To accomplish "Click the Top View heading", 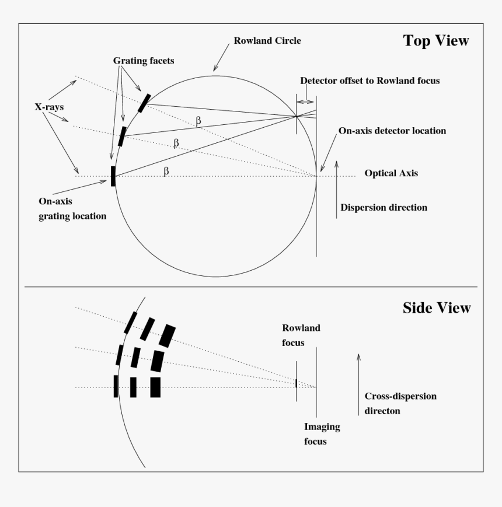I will [x=435, y=41].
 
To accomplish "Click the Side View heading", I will [x=436, y=308].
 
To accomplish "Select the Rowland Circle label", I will [x=267, y=41].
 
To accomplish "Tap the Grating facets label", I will [x=144, y=61].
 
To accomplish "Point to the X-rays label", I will [x=49, y=107].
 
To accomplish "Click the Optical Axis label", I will [x=391, y=173].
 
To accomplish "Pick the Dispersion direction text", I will [x=384, y=208].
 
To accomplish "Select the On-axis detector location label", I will [x=392, y=131].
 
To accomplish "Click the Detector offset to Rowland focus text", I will [x=369, y=81].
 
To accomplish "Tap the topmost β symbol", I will [x=198, y=120].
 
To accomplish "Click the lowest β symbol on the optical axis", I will [x=166, y=170].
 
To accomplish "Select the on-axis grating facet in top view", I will [x=113, y=176].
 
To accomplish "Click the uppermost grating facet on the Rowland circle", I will [x=144, y=102].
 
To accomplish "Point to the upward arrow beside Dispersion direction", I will [x=337, y=190].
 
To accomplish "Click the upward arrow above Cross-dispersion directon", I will [x=358, y=370].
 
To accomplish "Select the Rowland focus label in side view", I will [x=301, y=335].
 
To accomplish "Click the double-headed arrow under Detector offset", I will [x=305, y=102].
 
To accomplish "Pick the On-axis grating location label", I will [x=72, y=208].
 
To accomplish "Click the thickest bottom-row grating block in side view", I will [x=155, y=387].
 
